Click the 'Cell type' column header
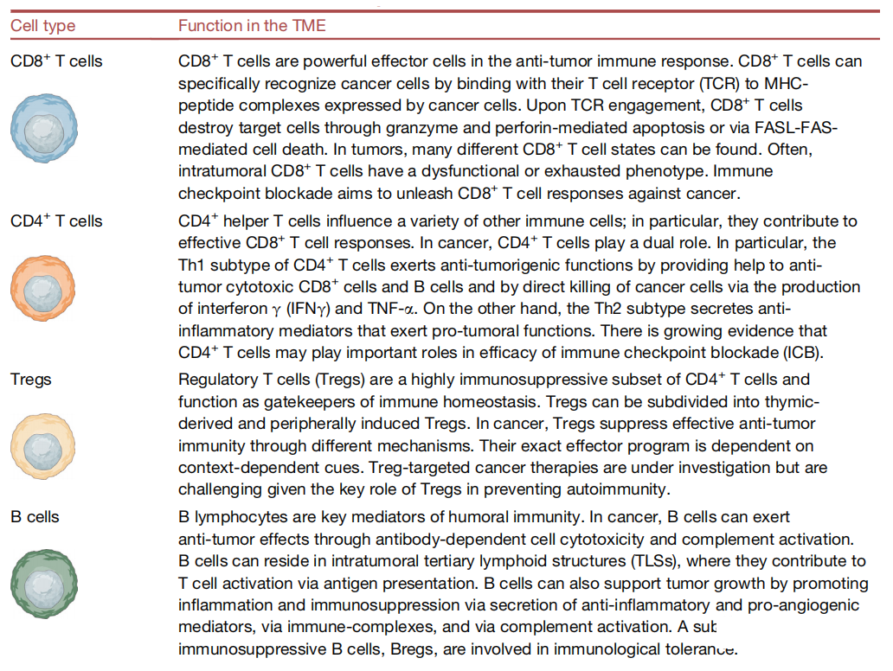[x=42, y=26]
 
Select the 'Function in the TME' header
[x=252, y=26]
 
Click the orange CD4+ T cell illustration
[x=42, y=288]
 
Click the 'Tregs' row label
[x=31, y=380]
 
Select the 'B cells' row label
[x=35, y=517]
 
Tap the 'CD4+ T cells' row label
[x=55, y=221]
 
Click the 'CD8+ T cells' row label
[x=55, y=61]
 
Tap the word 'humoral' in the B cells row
[x=524, y=517]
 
